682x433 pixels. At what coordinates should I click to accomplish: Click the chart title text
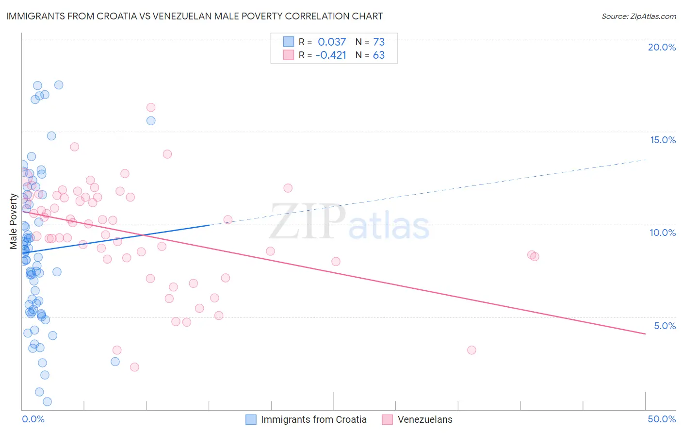click(195, 16)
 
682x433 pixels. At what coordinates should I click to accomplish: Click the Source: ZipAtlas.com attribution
click(638, 16)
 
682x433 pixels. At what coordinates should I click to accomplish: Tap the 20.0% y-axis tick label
click(662, 47)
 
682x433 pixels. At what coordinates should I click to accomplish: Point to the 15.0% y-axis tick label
click(663, 140)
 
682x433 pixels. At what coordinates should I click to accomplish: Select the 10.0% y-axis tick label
click(663, 233)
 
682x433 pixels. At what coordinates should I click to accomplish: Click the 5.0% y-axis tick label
click(665, 326)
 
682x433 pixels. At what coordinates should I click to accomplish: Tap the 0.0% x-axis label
click(33, 419)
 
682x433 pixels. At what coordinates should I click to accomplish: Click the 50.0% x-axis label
click(662, 419)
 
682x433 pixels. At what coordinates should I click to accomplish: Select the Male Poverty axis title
click(14, 221)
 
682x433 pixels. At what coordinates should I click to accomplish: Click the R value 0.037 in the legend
click(332, 42)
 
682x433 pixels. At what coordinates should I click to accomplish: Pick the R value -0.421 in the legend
click(331, 55)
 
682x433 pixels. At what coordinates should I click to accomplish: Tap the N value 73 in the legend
click(379, 42)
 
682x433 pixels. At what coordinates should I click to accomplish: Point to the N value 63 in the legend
click(379, 55)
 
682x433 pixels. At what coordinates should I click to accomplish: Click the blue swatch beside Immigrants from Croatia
click(251, 419)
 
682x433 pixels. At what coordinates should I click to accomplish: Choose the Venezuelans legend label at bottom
click(425, 419)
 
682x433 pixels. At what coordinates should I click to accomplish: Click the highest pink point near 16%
click(151, 107)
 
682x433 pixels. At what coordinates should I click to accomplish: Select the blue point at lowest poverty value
click(47, 401)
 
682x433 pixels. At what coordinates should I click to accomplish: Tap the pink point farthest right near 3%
click(471, 350)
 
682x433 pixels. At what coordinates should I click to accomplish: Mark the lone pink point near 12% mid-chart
click(288, 188)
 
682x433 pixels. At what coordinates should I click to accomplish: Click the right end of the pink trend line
click(645, 333)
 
